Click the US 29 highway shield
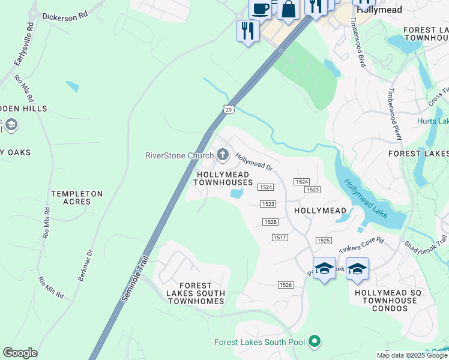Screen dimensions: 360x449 [x=228, y=109]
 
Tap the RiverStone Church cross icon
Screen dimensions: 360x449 [x=223, y=155]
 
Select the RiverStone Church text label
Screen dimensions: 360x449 [x=179, y=156]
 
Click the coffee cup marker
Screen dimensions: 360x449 [x=261, y=8]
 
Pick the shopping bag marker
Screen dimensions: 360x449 [x=288, y=10]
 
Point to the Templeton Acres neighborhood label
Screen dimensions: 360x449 [x=77, y=198]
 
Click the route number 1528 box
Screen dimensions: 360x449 [x=271, y=222]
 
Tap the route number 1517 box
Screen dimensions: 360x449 [x=280, y=238]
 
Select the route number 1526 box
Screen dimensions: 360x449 [x=286, y=284]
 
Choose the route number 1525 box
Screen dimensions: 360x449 [x=324, y=241]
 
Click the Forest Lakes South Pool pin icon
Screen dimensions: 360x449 [x=314, y=342]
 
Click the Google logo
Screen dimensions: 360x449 [x=20, y=353]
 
